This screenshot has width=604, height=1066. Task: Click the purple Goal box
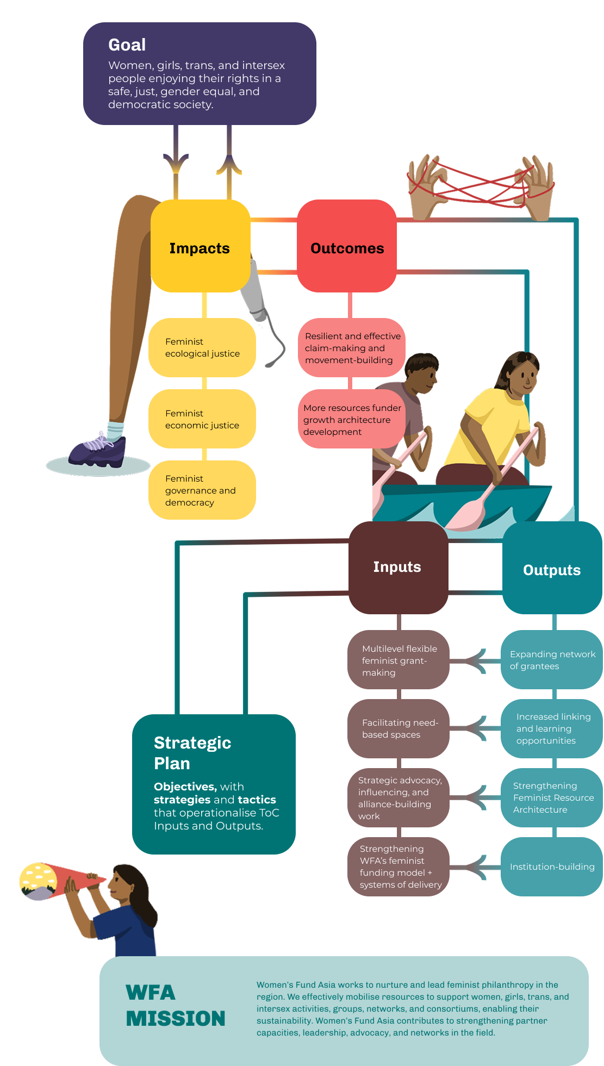click(200, 73)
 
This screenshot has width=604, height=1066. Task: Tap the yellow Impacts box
click(200, 246)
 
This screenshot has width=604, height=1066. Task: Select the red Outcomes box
click(347, 246)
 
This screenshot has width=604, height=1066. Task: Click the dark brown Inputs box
click(398, 568)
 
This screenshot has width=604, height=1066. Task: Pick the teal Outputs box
click(552, 569)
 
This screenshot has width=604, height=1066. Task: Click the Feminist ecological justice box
click(202, 348)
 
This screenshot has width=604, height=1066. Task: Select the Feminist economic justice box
click(202, 419)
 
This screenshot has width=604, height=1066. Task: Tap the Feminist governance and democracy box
click(202, 490)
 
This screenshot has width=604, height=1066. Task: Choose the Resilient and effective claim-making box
click(352, 348)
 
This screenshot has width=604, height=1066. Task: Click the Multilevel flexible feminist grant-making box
click(398, 660)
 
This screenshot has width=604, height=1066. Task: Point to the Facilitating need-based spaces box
click(398, 728)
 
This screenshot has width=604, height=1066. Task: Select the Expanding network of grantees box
click(552, 660)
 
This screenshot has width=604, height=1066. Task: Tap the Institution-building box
click(552, 866)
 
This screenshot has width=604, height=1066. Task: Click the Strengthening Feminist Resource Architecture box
click(552, 797)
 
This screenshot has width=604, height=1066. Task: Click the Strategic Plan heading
click(192, 753)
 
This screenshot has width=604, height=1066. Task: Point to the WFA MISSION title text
click(175, 1006)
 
